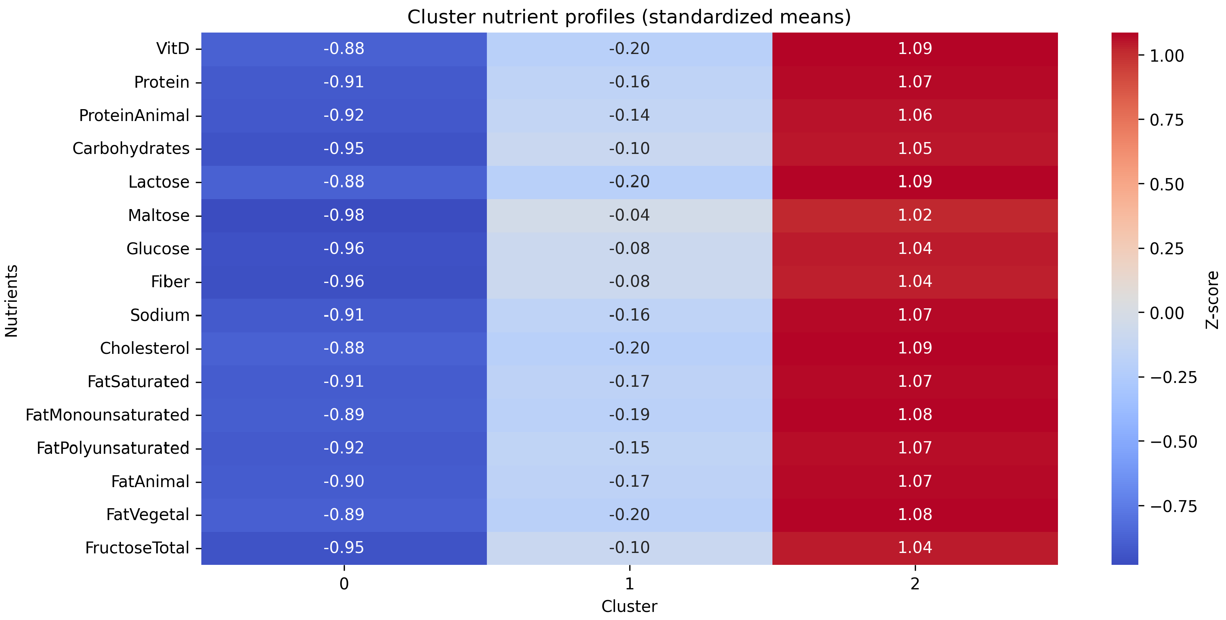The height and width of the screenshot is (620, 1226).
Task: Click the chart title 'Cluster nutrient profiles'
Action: point(629,17)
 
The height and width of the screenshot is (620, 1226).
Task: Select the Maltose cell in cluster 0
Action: point(344,215)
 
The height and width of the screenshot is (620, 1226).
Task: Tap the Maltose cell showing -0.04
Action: point(629,215)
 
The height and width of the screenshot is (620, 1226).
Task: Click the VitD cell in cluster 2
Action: point(914,49)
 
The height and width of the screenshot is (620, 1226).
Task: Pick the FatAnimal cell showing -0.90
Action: point(344,481)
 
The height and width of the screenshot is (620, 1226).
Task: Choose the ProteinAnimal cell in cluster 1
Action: point(629,115)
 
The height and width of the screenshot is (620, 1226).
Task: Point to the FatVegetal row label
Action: point(147,515)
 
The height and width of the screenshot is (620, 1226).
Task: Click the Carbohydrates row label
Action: point(131,149)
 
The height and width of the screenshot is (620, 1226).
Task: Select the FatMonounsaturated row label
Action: point(108,415)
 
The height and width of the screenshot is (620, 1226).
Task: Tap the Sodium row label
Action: point(160,315)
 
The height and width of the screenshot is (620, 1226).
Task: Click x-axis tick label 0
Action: point(344,584)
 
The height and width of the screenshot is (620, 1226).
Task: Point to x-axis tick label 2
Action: point(914,584)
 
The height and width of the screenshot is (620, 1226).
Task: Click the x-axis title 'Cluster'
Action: point(629,607)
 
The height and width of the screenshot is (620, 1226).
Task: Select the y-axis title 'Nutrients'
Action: point(11,301)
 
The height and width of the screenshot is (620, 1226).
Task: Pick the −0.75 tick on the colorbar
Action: point(1173,506)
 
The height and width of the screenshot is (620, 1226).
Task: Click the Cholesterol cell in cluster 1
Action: point(629,348)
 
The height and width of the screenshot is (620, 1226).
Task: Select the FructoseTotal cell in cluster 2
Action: point(914,548)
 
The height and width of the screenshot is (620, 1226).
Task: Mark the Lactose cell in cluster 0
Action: point(344,182)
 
